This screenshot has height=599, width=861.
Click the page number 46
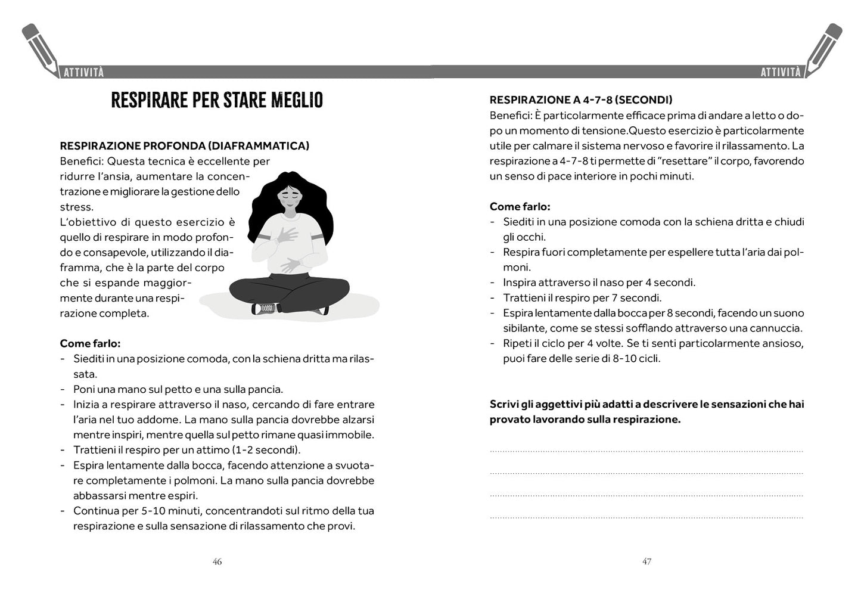pyautogui.click(x=217, y=561)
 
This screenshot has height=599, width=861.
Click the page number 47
pyautogui.click(x=646, y=561)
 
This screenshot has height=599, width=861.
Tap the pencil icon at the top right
pyautogui.click(x=824, y=48)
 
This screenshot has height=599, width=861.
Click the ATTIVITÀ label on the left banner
pyautogui.click(x=83, y=72)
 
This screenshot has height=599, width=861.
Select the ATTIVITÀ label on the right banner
pyautogui.click(x=781, y=72)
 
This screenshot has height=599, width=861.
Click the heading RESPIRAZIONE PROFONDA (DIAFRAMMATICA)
pyautogui.click(x=184, y=146)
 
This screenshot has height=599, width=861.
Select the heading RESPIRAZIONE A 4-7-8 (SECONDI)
pyautogui.click(x=580, y=100)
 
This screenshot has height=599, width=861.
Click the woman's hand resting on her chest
pyautogui.click(x=287, y=235)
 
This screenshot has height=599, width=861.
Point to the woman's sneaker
pyautogui.click(x=265, y=308)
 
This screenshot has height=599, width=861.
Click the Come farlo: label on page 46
pyautogui.click(x=90, y=343)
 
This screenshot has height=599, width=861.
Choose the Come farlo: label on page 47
pyautogui.click(x=520, y=207)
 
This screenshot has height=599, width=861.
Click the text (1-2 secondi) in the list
pyautogui.click(x=266, y=450)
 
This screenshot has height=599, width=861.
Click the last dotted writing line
pyautogui.click(x=646, y=517)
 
